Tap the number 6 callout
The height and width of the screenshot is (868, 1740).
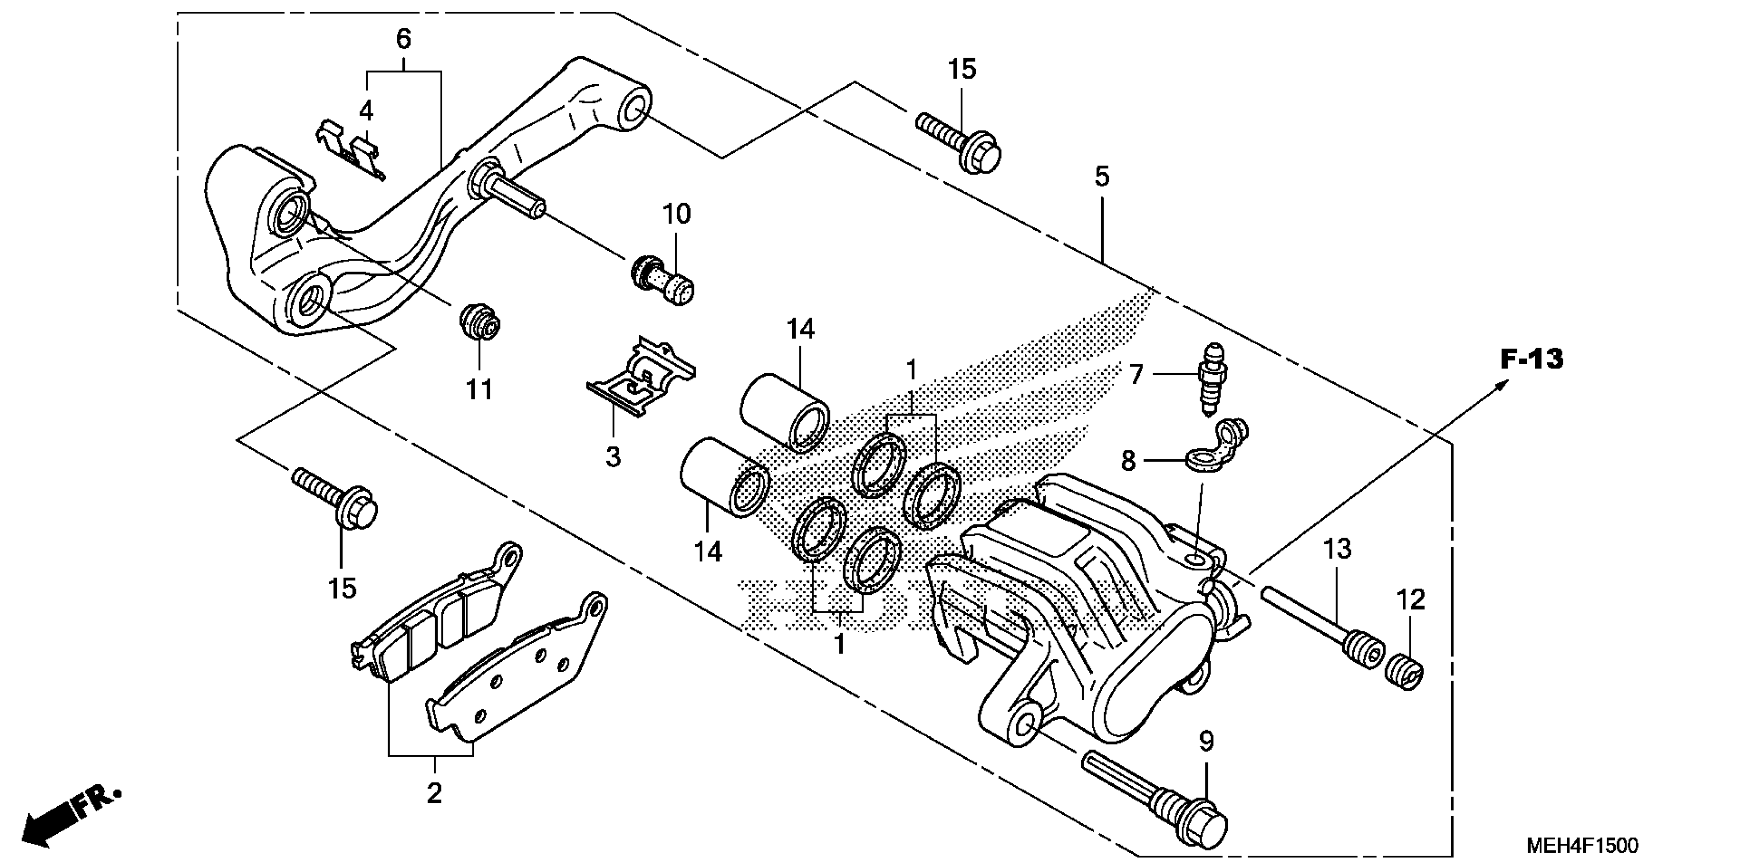pyautogui.click(x=403, y=39)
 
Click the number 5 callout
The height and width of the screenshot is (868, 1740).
pyautogui.click(x=1102, y=177)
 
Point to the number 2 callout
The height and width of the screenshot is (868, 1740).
pyautogui.click(x=434, y=792)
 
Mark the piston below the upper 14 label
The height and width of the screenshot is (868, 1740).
pyautogui.click(x=785, y=412)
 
